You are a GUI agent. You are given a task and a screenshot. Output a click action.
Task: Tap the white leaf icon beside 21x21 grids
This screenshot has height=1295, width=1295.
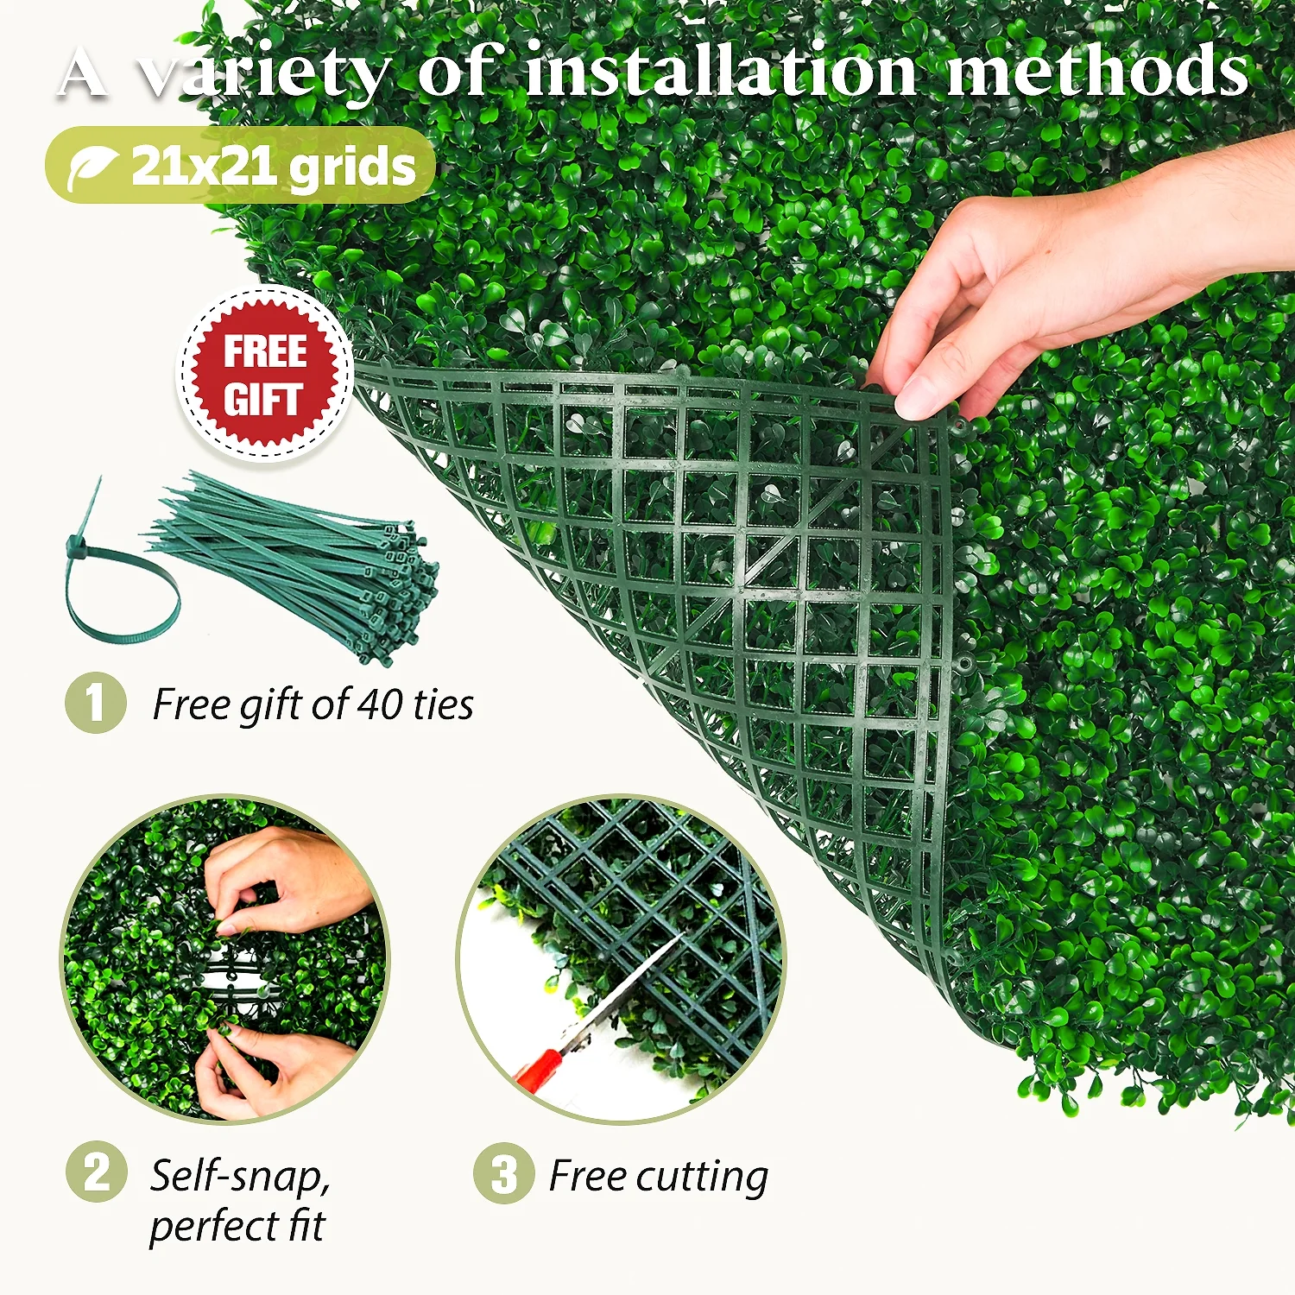(x=92, y=167)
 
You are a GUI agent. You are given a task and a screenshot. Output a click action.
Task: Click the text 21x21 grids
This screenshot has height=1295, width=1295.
(x=274, y=167)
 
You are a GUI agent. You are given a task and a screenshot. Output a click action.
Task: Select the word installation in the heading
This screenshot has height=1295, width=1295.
(x=720, y=73)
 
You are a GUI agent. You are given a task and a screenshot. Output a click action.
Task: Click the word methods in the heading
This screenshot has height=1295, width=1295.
(x=1098, y=73)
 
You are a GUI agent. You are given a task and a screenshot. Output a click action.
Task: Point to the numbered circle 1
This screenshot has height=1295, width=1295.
(x=96, y=703)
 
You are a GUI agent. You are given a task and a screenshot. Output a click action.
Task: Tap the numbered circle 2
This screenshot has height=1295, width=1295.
(x=96, y=1172)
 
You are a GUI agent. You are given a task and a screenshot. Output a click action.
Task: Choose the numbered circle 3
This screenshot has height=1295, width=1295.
(x=503, y=1173)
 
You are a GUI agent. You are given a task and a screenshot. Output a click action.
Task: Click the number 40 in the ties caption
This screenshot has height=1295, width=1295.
(x=379, y=704)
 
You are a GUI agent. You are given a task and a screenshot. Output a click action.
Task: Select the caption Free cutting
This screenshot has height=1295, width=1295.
(x=658, y=1176)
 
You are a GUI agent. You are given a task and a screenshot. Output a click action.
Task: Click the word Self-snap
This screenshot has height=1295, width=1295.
(x=240, y=1176)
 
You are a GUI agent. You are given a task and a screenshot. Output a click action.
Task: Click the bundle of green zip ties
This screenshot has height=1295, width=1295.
(x=311, y=561)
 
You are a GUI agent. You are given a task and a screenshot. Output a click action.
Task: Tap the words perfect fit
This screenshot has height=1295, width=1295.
(x=237, y=1226)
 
